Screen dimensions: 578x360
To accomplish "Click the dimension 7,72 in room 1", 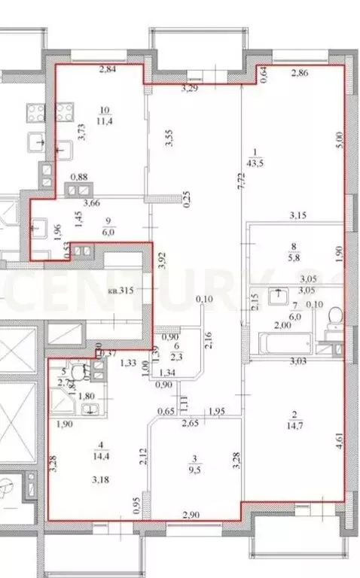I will pyautogui.click(x=239, y=180).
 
